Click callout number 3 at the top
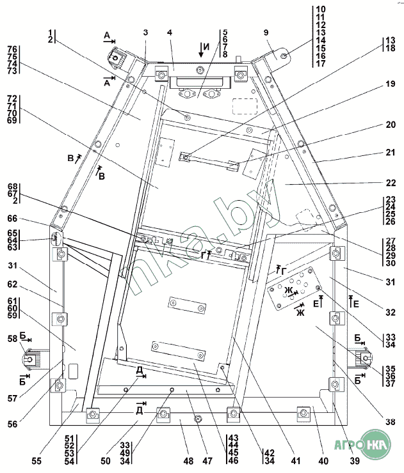[x=145, y=33]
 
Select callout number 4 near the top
[x=170, y=33]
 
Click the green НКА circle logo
[x=371, y=445]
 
